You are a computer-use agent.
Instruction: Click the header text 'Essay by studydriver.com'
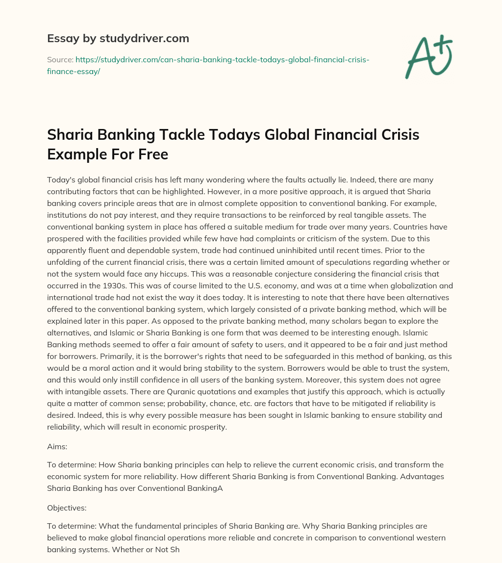click(x=118, y=38)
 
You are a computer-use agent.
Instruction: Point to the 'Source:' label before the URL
click(x=60, y=59)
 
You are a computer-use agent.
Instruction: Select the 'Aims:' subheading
click(x=57, y=446)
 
